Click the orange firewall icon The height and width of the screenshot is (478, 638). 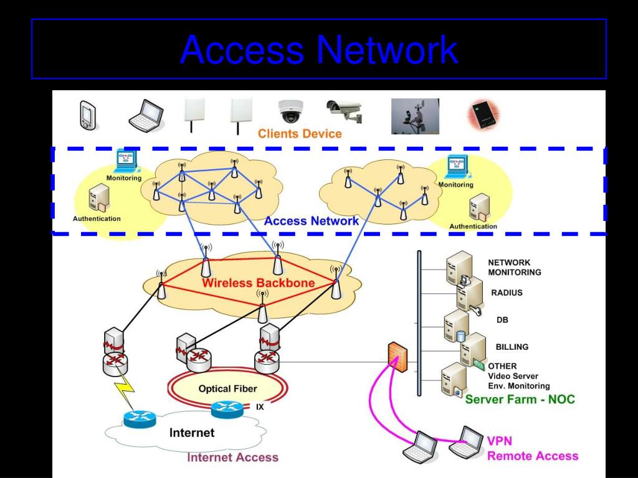pos(397,357)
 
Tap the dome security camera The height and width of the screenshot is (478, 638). pos(290,111)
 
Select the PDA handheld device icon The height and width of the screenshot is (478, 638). pos(88,115)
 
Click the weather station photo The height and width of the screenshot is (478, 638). pos(415,116)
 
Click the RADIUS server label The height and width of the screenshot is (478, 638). pos(507,293)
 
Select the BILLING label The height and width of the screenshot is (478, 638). pos(512,347)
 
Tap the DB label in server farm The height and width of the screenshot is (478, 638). pos(502,320)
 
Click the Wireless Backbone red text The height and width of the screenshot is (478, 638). pos(259,283)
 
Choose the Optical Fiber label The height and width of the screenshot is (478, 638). pos(228,388)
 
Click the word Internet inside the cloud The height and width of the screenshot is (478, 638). pos(192,433)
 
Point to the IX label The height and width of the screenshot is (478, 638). pos(260,407)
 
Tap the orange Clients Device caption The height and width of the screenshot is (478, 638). pos(300,134)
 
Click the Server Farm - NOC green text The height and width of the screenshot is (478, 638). pos(520,399)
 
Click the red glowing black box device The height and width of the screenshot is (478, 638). pos(483,115)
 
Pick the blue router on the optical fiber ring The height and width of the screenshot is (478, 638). pos(227,410)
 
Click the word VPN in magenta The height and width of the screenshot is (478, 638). pos(499,441)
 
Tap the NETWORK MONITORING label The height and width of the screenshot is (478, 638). pos(515,268)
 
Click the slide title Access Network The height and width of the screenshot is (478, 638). pos(319,49)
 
